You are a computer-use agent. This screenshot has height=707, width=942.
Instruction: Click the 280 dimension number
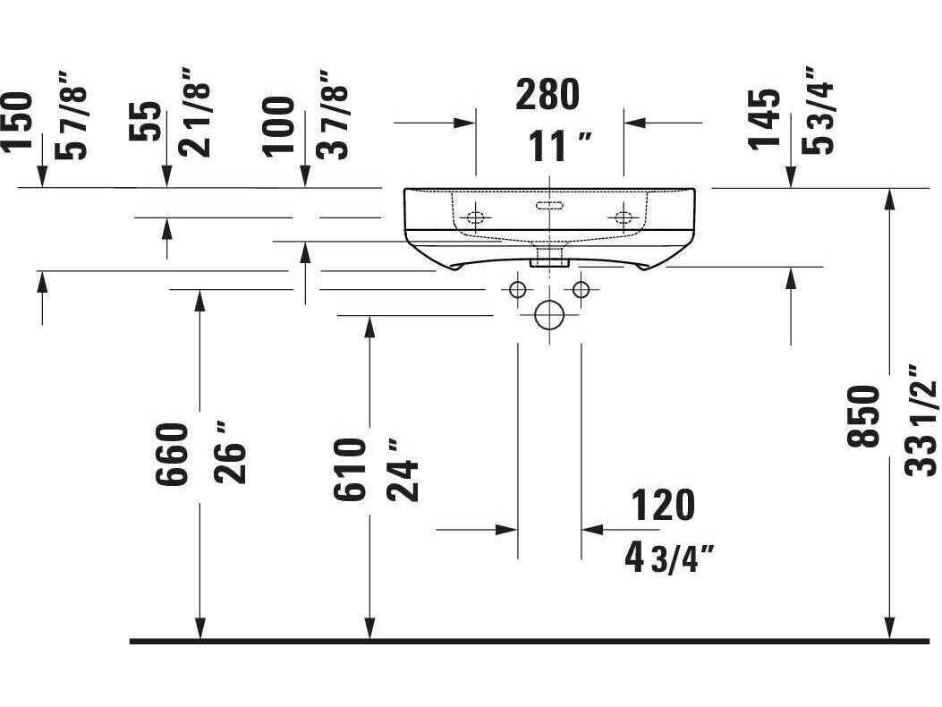tap(547, 94)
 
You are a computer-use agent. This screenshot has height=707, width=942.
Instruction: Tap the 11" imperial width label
tap(560, 146)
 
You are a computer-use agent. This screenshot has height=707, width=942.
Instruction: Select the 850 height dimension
tap(862, 417)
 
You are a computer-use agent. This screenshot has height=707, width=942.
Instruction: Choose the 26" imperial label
tap(231, 453)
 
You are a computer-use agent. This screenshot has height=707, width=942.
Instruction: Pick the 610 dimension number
tap(350, 470)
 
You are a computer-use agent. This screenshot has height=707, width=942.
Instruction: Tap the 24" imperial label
tap(403, 470)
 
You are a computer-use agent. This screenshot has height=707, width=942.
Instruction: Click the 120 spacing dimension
tap(663, 505)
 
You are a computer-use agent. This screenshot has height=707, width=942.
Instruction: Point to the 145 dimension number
tap(764, 119)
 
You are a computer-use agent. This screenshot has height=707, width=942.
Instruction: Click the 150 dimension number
tap(17, 122)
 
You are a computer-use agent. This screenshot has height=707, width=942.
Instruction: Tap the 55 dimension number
tap(146, 122)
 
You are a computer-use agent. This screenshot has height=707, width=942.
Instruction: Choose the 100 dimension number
tap(278, 127)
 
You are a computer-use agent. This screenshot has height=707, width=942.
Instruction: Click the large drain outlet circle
tap(549, 314)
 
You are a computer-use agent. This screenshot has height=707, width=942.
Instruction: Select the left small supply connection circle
tap(517, 290)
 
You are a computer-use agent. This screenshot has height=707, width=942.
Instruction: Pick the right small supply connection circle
tap(581, 290)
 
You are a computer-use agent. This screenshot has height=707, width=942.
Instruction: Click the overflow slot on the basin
tap(549, 205)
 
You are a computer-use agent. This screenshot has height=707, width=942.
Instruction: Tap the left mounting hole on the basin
tap(475, 217)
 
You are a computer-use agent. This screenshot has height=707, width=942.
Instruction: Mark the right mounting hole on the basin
tap(624, 217)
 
